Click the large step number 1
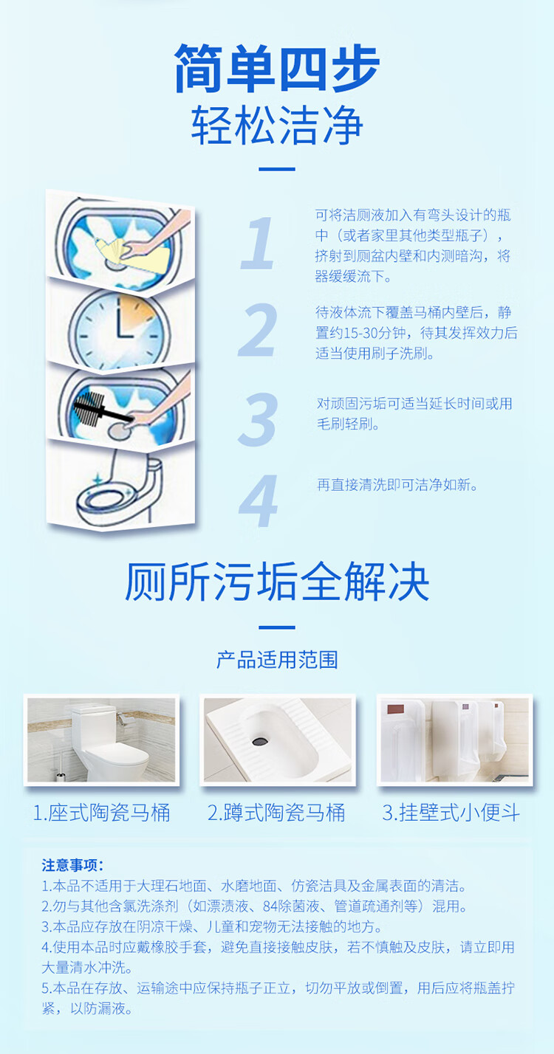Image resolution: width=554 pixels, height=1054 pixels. [258, 243]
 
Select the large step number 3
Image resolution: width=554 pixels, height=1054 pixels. [258, 419]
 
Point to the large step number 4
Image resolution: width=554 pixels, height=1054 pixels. [258, 500]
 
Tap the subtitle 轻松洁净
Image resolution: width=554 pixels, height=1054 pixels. [277, 125]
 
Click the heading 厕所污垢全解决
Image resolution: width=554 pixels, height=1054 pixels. [277, 582]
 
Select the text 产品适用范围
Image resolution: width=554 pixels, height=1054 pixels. [277, 660]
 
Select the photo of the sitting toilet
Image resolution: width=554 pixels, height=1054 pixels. [101, 740]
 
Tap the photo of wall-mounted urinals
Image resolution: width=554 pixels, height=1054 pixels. [454, 740]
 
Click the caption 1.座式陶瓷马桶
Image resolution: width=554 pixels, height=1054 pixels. [101, 813]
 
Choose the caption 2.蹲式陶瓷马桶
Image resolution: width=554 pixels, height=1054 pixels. [276, 813]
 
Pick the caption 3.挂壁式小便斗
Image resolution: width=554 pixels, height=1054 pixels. [451, 813]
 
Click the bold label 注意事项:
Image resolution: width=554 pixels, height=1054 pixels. [72, 865]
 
